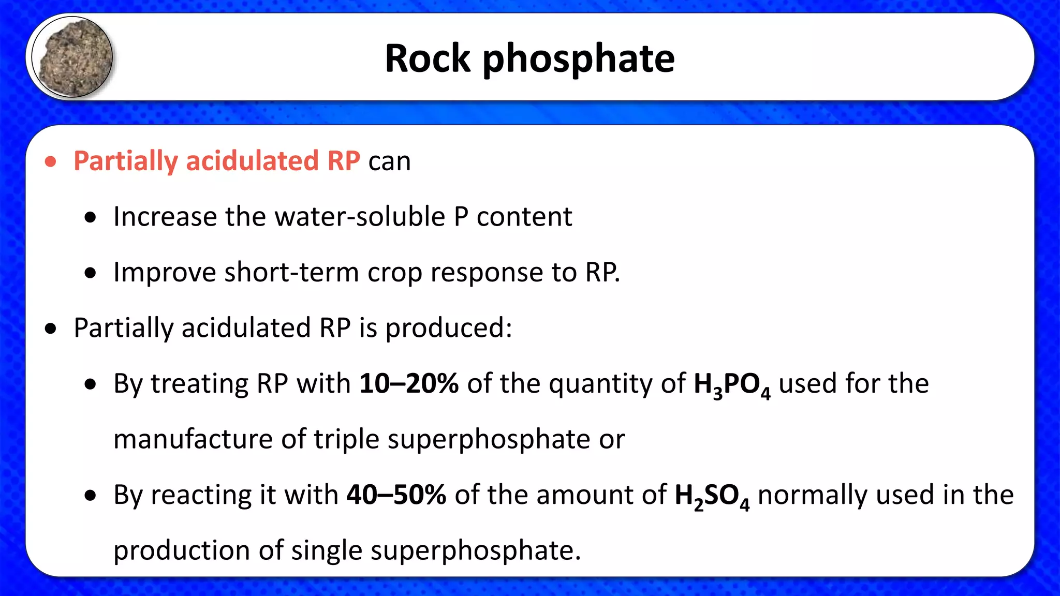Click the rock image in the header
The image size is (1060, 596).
tap(72, 57)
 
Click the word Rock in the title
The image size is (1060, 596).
tap(428, 58)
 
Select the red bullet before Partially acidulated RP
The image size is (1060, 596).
tap(51, 161)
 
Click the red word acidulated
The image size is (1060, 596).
tap(252, 161)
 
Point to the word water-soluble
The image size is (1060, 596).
tap(360, 216)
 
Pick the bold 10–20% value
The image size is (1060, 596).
tap(409, 383)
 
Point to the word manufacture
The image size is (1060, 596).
tap(193, 439)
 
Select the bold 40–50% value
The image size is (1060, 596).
tap(396, 495)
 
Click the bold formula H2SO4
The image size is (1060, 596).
tap(712, 497)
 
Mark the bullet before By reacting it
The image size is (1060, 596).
tap(91, 496)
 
